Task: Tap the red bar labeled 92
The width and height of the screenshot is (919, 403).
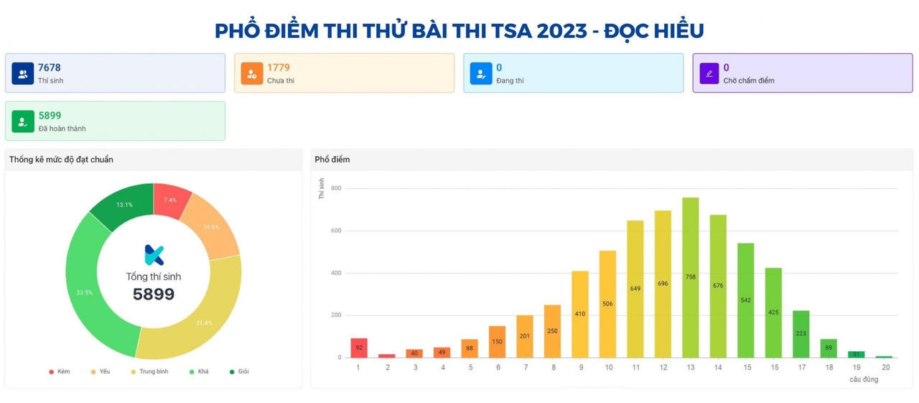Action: point(359,348)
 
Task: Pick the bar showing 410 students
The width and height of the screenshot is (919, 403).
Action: point(580,314)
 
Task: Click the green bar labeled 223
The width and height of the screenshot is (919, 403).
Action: point(801,333)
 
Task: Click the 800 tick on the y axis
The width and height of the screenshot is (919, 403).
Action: point(335,188)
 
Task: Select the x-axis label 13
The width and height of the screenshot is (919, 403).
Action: point(690,367)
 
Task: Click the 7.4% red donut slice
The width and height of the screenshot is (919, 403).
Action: point(171,199)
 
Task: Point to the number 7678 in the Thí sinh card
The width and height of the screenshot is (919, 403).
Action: point(50,68)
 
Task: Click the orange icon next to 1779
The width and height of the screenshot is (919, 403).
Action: point(251,73)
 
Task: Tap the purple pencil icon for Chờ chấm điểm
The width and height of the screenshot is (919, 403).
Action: point(709,73)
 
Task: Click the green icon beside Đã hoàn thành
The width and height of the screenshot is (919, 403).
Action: point(22,121)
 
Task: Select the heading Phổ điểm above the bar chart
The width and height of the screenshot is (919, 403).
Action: point(332,159)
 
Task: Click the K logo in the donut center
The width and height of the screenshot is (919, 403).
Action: point(154,255)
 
